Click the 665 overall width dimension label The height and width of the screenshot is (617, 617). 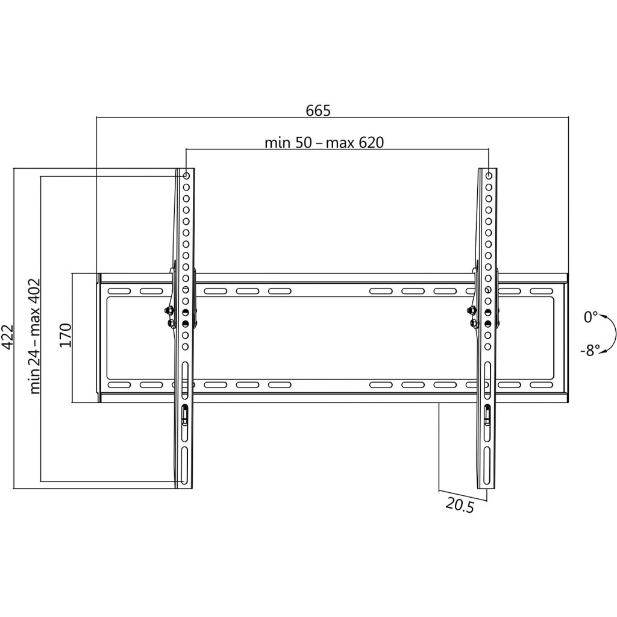318,111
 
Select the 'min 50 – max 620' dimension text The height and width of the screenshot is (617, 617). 324,142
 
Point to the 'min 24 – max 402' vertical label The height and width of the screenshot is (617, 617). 35,336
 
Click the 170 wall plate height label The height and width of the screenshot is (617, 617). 65,335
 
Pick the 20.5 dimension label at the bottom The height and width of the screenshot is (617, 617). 460,505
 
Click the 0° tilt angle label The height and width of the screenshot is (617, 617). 590,317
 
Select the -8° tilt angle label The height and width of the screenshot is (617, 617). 590,350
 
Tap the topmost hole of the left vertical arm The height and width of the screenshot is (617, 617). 186,175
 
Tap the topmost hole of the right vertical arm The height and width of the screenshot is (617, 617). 488,175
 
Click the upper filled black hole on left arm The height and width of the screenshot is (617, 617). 186,313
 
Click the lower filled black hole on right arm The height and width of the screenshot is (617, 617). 488,324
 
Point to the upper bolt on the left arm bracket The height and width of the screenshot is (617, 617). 169,311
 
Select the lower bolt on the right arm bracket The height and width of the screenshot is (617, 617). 474,323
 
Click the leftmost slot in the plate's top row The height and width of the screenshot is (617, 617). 119,291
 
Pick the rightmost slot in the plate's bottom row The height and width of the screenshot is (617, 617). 542,385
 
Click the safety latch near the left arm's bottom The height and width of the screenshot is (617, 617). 184,415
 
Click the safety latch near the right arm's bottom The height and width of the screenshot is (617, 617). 487,415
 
